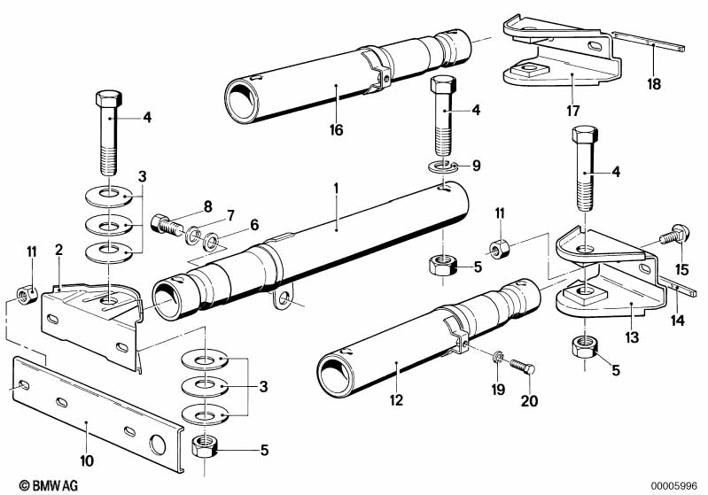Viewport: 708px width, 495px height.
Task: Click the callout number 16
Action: tap(337, 130)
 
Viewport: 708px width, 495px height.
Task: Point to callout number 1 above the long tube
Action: tap(337, 189)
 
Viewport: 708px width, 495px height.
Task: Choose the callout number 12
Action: tap(396, 400)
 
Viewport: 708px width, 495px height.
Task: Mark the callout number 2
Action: tap(58, 251)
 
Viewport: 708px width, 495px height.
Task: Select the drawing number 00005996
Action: tap(675, 484)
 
